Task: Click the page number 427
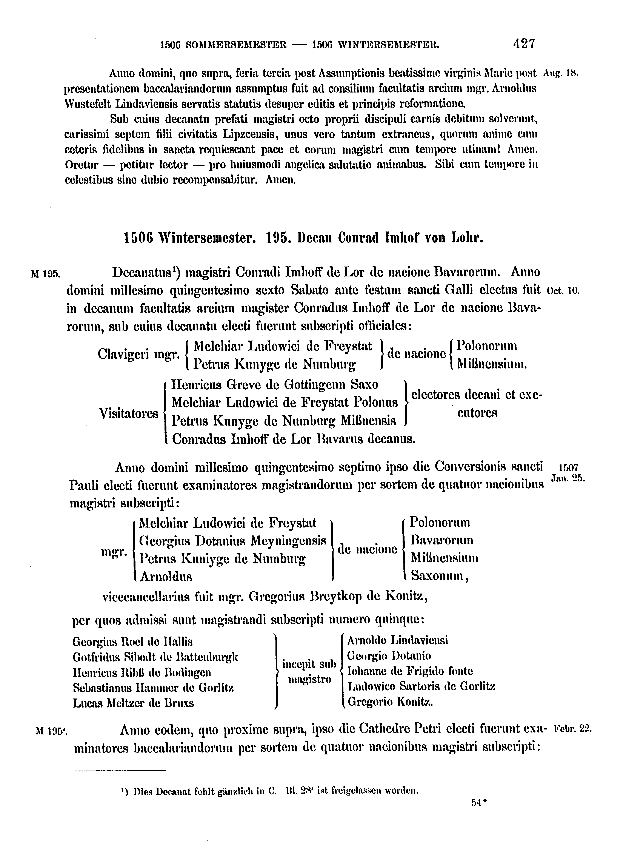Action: tap(524, 44)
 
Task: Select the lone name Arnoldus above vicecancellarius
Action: tap(166, 577)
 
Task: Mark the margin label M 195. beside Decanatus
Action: tap(45, 273)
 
